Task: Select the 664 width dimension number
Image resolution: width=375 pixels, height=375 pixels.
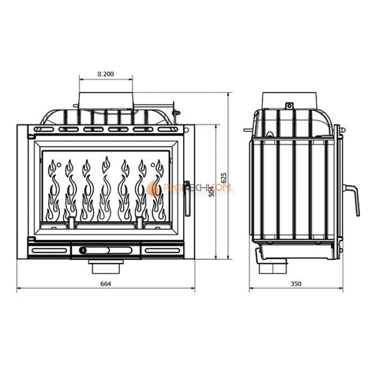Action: (x=106, y=283)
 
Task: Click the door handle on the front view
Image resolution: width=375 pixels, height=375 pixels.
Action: (x=186, y=197)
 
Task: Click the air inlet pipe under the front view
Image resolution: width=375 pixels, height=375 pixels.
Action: (x=106, y=266)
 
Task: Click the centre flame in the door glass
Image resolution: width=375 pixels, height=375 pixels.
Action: (x=106, y=190)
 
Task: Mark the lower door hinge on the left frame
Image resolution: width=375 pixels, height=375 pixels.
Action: (x=30, y=238)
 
